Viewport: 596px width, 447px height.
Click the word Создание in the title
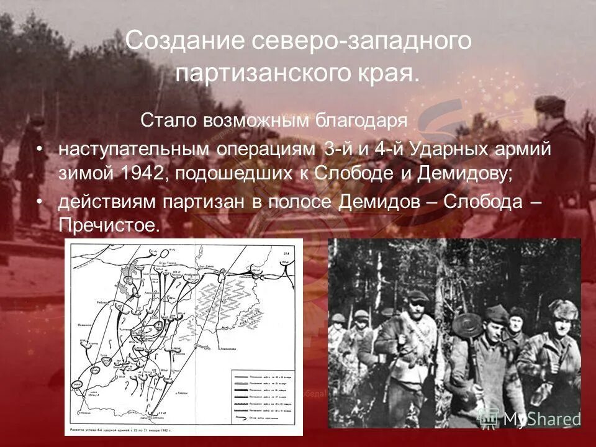click(179, 42)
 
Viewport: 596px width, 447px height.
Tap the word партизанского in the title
click(276, 74)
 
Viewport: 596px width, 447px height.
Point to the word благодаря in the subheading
click(363, 120)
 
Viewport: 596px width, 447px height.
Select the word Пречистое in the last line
click(109, 225)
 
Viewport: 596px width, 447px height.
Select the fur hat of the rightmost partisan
click(563, 308)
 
